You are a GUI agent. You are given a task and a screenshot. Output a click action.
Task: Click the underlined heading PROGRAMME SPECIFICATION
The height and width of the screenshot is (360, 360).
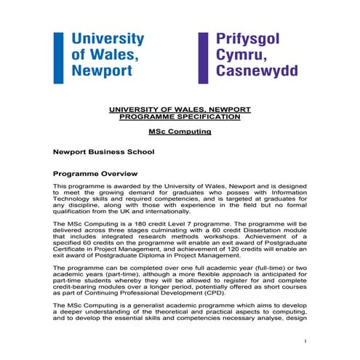click(x=179, y=116)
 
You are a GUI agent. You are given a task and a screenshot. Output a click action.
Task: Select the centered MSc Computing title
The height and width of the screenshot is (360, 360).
click(x=179, y=132)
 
